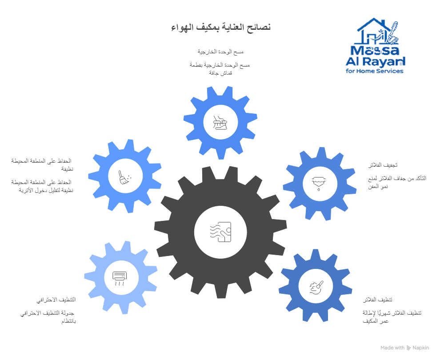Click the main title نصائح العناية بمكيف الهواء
coord(221,27)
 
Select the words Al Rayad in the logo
coord(375,60)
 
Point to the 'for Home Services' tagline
coord(375,71)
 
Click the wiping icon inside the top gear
coord(220,122)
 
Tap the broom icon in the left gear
coord(124,176)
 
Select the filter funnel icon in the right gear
coord(319,184)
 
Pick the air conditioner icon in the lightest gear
coord(120,278)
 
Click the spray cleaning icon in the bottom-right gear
coord(316,286)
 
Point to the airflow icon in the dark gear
coord(220,232)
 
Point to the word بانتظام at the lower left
coord(68,321)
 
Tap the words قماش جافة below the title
coord(220,72)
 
